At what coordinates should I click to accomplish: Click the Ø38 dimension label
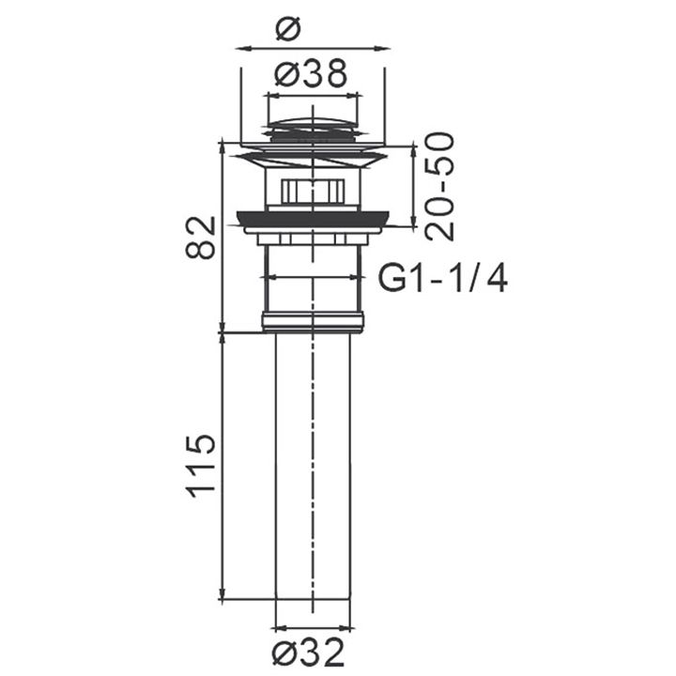[311, 73]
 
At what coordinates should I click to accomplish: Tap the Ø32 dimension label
[309, 653]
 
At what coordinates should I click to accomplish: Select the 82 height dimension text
[200, 237]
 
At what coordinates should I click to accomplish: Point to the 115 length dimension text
[200, 467]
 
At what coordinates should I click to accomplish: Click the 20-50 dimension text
[439, 186]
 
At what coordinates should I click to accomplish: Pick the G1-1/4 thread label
[443, 279]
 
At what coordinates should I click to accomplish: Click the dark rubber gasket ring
[314, 218]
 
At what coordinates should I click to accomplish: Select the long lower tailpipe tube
[313, 466]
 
